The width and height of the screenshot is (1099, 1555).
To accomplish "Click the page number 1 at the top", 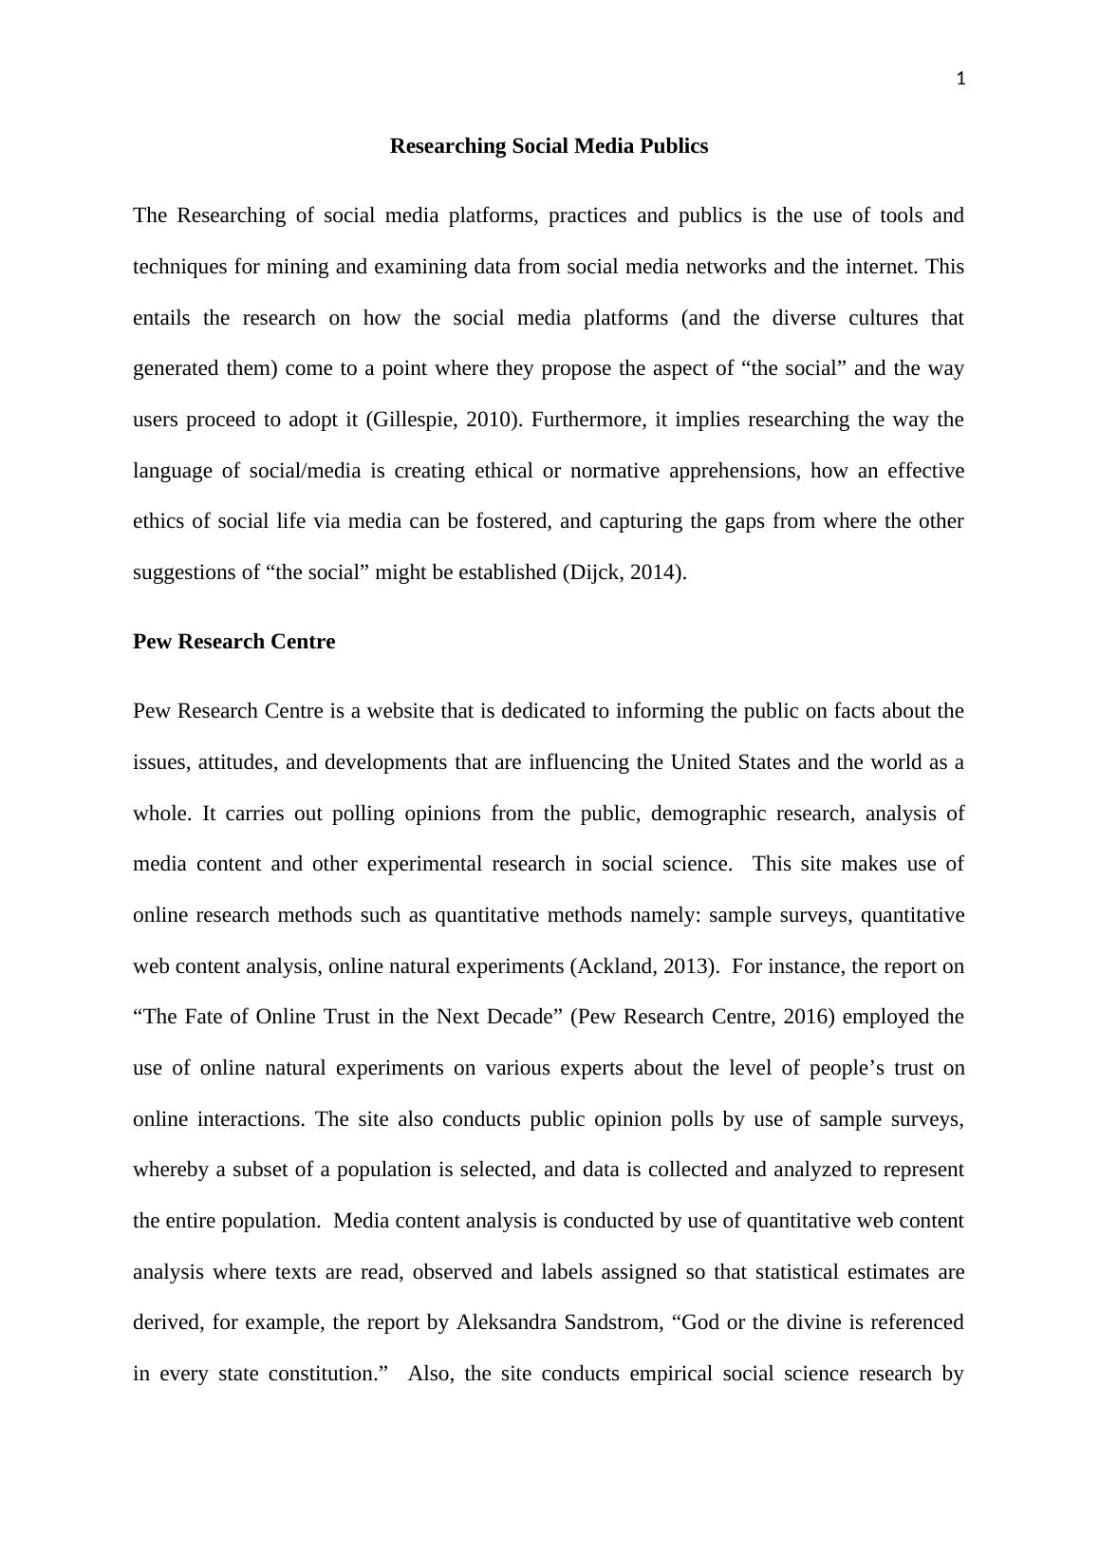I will tap(960, 80).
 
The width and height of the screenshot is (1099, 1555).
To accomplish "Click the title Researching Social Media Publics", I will tap(549, 146).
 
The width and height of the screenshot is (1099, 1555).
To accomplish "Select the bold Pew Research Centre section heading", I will tap(233, 642).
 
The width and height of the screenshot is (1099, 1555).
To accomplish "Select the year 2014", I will tap(655, 572).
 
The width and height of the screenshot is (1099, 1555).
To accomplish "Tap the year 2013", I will tap(685, 966).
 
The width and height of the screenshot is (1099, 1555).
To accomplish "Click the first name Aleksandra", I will tap(506, 1322).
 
